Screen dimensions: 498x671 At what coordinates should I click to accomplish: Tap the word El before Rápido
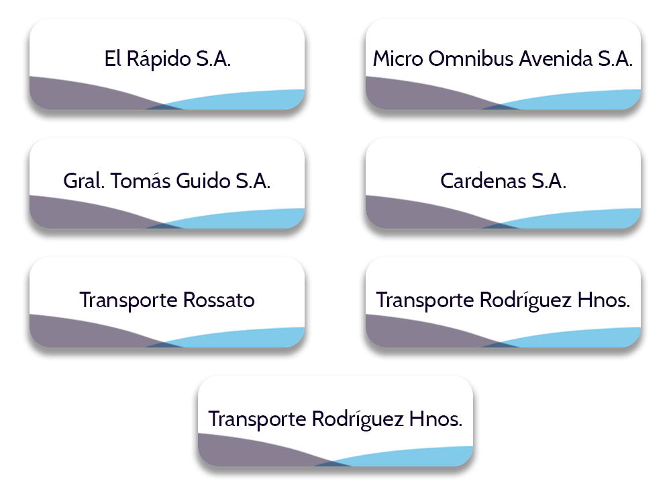tap(112, 59)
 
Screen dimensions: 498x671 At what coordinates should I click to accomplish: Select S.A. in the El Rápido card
tap(213, 59)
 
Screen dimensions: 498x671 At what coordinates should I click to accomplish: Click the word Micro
tap(397, 59)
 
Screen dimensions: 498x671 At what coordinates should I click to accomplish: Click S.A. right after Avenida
tap(615, 59)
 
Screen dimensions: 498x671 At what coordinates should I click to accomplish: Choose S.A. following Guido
tap(253, 181)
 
